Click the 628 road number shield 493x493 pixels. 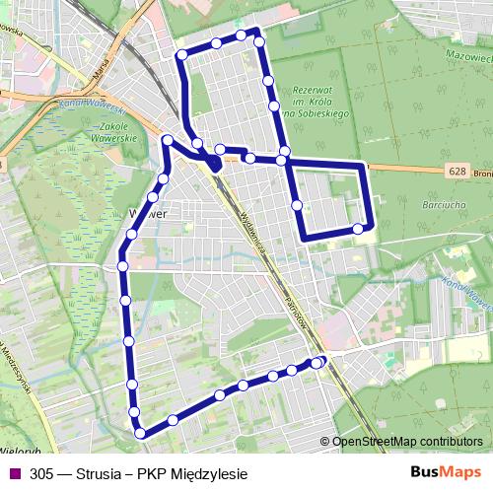pos(456,171)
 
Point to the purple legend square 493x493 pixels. pos(13,472)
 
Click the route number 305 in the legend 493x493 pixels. pos(42,472)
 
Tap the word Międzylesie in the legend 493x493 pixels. pos(207,472)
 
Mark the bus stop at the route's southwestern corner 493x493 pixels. pos(141,431)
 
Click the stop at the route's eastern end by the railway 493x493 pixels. pos(317,363)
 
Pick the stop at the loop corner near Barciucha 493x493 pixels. pos(358,230)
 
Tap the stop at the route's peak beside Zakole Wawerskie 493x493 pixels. pos(169,140)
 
